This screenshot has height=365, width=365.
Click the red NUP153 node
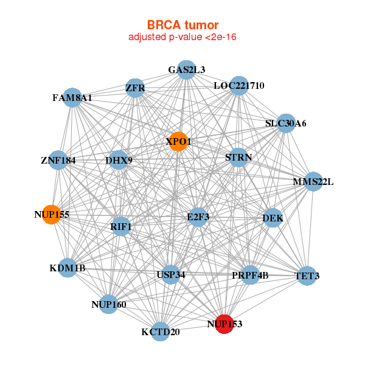click(224, 324)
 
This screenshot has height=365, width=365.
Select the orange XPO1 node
click(178, 141)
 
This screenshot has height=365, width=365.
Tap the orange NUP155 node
click(52, 214)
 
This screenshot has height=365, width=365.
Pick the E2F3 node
click(198, 217)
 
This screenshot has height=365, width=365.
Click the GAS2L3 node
click(186, 70)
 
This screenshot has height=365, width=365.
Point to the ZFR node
click(134, 88)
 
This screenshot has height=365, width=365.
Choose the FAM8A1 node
click(72, 97)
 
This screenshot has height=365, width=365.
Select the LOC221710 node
click(238, 86)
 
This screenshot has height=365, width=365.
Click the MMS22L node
click(313, 181)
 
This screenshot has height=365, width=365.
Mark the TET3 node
click(307, 276)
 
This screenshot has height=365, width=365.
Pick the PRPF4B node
click(250, 276)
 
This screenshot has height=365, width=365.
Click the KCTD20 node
click(160, 332)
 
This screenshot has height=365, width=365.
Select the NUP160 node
click(109, 304)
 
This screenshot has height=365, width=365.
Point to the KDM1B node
click(68, 268)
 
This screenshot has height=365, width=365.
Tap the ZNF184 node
click(58, 161)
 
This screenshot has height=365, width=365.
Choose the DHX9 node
click(119, 161)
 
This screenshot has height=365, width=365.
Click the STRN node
click(238, 158)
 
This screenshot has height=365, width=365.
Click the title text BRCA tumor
click(182, 25)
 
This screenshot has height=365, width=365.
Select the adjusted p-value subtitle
click(182, 37)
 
